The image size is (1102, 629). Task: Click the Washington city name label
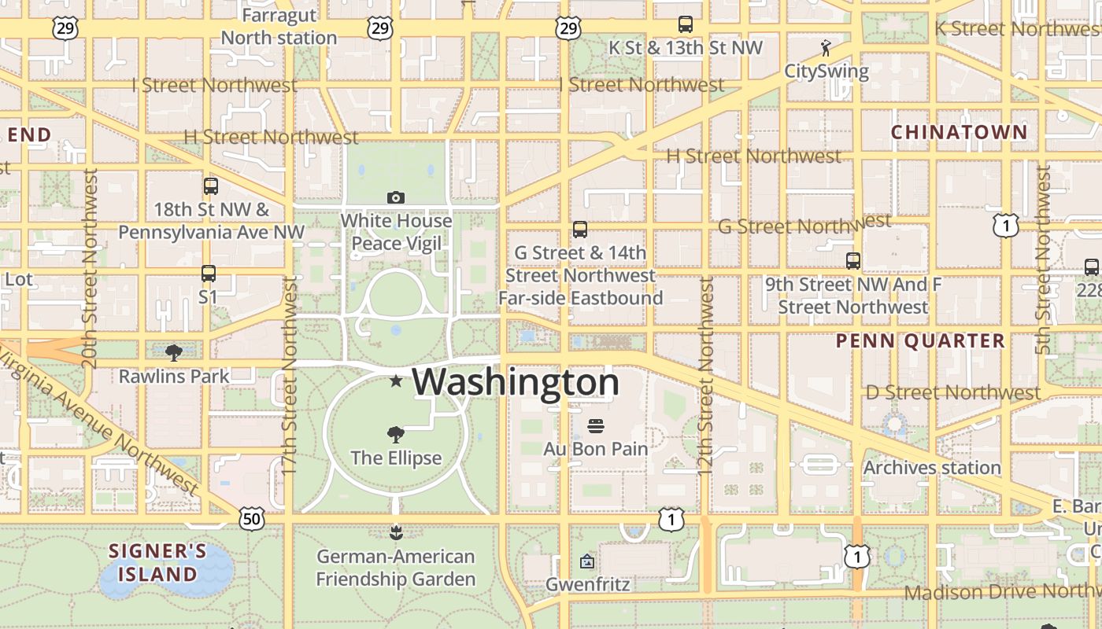pos(516,382)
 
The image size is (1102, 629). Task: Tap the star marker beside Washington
pos(396,381)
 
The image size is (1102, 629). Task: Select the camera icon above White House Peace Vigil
pos(396,197)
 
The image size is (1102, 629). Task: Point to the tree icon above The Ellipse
pos(396,434)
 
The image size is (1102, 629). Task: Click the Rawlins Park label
pos(174,377)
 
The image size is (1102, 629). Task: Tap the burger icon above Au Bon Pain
pos(596,426)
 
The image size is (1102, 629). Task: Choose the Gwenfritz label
pos(588,584)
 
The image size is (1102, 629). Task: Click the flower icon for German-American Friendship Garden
pos(396,533)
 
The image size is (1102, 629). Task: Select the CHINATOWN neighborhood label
pos(959,132)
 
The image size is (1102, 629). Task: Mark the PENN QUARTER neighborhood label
pos(920,340)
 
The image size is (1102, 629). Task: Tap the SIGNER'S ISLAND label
pos(157,562)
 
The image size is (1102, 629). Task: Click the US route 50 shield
pos(252,519)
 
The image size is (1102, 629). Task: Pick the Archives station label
pos(932,468)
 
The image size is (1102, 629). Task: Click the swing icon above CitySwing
pos(825,48)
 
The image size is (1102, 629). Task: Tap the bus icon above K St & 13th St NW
pos(686,24)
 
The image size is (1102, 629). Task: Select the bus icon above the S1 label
pos(208,274)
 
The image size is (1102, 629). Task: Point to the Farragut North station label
pos(279,27)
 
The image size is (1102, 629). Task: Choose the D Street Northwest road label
pos(952,392)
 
